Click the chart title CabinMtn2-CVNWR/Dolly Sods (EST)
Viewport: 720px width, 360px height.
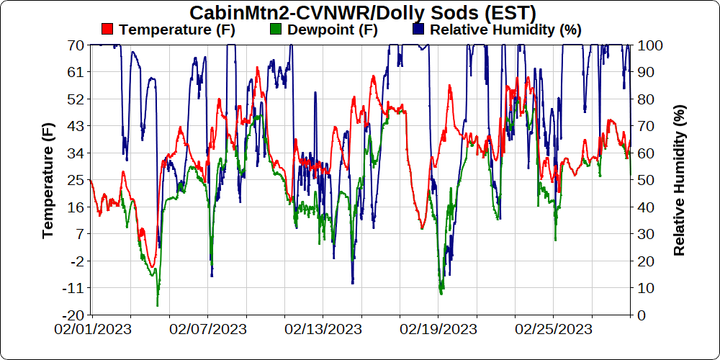(x=363, y=13)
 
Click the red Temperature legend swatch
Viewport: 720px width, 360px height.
(x=108, y=30)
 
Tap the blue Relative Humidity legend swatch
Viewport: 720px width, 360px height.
(x=419, y=30)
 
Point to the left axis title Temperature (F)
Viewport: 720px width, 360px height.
(x=48, y=180)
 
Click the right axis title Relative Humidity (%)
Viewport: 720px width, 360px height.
(x=679, y=180)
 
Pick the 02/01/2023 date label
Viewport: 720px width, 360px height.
(x=92, y=329)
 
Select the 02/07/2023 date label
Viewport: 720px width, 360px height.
(x=208, y=329)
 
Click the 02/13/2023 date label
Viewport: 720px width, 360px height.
(x=323, y=329)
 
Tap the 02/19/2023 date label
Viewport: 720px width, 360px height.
(x=438, y=329)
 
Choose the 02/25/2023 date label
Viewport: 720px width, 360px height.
(x=554, y=329)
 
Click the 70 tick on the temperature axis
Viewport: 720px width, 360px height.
(x=76, y=45)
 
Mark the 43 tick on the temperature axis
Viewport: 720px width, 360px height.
(x=76, y=126)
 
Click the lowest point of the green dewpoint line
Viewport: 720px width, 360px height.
(x=157, y=306)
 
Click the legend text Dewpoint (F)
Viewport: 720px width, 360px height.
(x=332, y=30)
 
